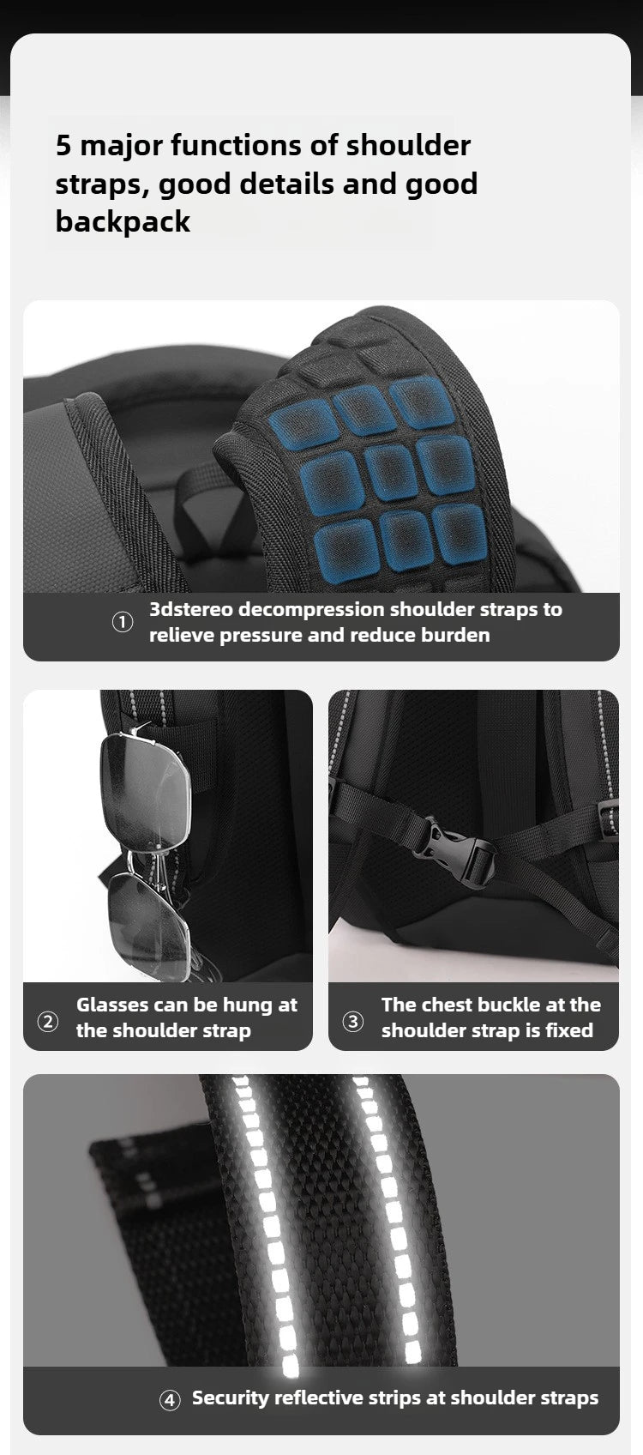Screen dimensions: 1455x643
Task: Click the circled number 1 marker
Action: [123, 622]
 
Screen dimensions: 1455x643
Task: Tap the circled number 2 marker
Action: [48, 1021]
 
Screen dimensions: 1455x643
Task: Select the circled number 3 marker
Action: [352, 1021]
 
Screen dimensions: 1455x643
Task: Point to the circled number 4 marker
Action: [170, 1400]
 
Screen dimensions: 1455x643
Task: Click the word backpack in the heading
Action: [123, 221]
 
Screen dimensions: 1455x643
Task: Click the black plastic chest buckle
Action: [454, 851]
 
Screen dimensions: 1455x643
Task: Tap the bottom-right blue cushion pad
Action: [460, 531]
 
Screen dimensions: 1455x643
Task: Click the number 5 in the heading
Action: [63, 145]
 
